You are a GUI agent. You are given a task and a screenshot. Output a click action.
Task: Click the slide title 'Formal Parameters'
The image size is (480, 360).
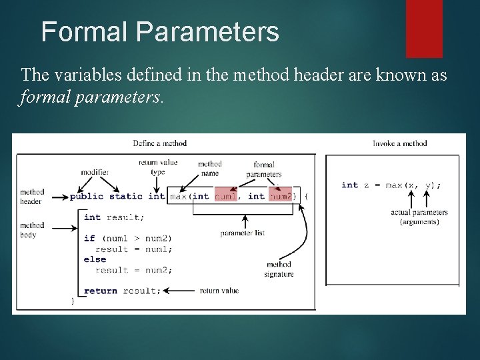[x=160, y=32]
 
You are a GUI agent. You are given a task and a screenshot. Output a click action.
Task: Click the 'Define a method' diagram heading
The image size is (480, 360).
[x=159, y=143]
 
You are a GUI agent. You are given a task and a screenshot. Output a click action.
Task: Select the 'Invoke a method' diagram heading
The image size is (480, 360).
[x=399, y=143]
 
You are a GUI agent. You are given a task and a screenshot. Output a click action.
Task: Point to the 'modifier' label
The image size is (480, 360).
[x=95, y=172]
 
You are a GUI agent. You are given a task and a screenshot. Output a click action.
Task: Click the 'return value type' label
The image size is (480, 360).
[x=158, y=167]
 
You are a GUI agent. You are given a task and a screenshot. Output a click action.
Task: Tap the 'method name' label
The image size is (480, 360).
[x=209, y=168]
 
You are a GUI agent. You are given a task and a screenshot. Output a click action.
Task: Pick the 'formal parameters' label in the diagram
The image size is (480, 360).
[x=264, y=169]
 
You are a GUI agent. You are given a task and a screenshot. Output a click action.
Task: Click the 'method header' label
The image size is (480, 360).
[x=31, y=197]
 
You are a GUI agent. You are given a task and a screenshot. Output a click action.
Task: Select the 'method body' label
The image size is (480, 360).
[x=32, y=230]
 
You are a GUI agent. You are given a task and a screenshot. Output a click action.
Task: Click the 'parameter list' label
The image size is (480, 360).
[x=243, y=233]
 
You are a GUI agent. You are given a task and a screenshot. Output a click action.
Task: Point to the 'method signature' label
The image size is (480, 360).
[x=278, y=269]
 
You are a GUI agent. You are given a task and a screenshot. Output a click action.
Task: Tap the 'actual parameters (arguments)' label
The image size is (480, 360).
[x=419, y=217]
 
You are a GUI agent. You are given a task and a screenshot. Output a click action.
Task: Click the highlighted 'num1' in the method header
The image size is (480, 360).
[x=225, y=196]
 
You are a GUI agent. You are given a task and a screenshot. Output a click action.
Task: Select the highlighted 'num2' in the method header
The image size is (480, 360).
[x=280, y=196]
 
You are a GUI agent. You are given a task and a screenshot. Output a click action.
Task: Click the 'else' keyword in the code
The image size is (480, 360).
[x=95, y=259]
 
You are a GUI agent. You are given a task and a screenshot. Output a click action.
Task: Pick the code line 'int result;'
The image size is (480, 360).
[x=114, y=217]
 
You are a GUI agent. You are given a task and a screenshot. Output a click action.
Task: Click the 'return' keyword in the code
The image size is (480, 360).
[x=101, y=291]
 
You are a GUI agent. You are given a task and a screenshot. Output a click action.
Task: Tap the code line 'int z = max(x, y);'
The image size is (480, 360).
[x=391, y=185]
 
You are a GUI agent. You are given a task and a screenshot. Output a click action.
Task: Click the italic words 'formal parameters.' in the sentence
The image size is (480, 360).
[x=90, y=98]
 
